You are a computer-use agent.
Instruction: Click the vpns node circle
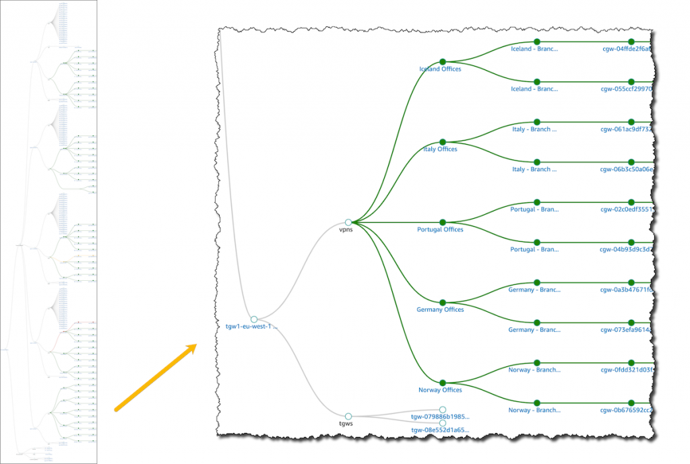point(348,222)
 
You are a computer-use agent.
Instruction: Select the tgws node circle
point(348,416)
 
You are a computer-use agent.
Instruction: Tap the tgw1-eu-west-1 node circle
point(254,319)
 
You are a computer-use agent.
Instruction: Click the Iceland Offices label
point(440,69)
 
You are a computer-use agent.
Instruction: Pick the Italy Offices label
point(440,150)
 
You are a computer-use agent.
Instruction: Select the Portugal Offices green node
point(443,222)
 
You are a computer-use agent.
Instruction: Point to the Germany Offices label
point(440,310)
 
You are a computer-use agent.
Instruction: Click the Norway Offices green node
point(443,382)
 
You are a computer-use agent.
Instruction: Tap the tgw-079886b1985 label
point(440,418)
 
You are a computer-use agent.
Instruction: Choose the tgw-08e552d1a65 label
point(440,430)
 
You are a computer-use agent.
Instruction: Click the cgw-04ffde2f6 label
point(627,48)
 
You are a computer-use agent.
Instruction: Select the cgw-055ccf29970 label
point(627,89)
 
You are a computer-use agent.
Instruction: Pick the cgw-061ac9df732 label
point(627,129)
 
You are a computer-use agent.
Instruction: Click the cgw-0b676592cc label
point(627,409)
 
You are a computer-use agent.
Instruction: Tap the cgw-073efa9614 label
point(627,330)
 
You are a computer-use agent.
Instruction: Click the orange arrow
point(156,377)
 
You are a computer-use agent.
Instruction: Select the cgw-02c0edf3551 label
point(627,209)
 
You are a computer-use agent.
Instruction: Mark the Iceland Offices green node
point(443,61)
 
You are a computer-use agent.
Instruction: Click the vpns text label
point(346,230)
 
